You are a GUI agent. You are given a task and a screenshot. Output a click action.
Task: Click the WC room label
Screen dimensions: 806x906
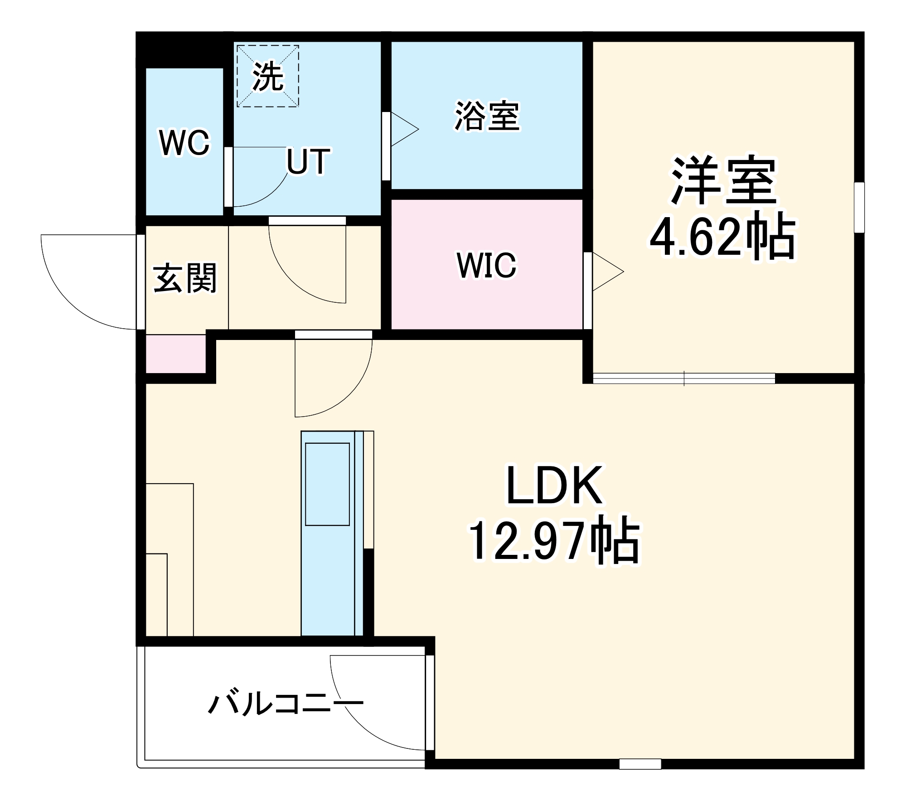pyautogui.click(x=184, y=143)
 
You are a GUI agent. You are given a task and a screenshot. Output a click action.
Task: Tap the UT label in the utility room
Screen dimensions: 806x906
pyautogui.click(x=308, y=162)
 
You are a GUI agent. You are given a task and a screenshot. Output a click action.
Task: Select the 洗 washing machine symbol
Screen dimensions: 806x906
pyautogui.click(x=268, y=76)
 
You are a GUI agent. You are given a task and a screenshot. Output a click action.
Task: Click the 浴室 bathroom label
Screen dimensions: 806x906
pyautogui.click(x=487, y=117)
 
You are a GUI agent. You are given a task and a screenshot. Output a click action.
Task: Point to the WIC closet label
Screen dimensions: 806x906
pyautogui.click(x=486, y=265)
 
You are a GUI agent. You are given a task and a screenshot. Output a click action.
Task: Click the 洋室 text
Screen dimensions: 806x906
pyautogui.click(x=723, y=180)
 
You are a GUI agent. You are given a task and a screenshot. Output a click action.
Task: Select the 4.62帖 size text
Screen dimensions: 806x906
pyautogui.click(x=722, y=237)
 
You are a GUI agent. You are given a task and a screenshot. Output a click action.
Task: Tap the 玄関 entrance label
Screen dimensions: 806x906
pyautogui.click(x=185, y=278)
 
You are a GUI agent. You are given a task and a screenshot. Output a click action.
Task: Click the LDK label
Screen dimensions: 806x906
pyautogui.click(x=554, y=486)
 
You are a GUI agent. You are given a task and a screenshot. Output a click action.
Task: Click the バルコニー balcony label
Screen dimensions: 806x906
pyautogui.click(x=286, y=704)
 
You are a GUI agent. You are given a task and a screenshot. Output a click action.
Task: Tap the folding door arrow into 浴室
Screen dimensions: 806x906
pyautogui.click(x=404, y=129)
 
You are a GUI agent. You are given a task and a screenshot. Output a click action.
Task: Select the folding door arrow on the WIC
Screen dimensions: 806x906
pyautogui.click(x=607, y=272)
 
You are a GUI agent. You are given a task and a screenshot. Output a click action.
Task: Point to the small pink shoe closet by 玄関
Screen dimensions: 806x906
pyautogui.click(x=175, y=354)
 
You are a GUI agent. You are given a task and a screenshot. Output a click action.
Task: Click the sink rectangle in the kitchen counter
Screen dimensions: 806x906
pyautogui.click(x=327, y=484)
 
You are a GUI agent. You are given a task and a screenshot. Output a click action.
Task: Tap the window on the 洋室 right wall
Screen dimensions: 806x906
pyautogui.click(x=859, y=207)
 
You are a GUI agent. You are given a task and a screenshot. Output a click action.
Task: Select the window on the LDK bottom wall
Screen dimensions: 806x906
pyautogui.click(x=640, y=764)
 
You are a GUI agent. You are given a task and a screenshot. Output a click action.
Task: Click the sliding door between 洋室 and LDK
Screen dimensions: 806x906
pyautogui.click(x=684, y=379)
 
